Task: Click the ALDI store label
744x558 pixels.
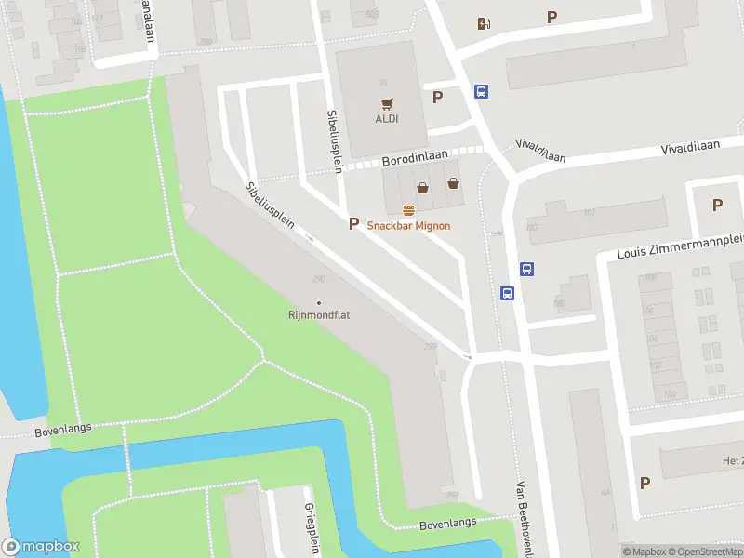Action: [387, 118]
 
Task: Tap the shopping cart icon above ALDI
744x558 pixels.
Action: [387, 103]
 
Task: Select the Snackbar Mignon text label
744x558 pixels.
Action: [408, 225]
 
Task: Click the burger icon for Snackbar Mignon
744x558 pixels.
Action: [408, 210]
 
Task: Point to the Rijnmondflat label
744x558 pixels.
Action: [318, 315]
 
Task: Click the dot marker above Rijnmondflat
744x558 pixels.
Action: [319, 302]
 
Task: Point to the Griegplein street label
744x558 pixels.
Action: [311, 528]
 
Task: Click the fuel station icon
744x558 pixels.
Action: [483, 24]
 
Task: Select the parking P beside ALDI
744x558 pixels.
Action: [437, 97]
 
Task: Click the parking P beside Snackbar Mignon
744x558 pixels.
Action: [352, 223]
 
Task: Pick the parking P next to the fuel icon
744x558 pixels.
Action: [552, 17]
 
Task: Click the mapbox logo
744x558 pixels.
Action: [41, 547]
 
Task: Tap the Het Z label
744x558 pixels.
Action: [733, 461]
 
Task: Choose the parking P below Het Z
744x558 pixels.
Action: [644, 482]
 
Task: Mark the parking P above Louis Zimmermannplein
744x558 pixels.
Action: [717, 205]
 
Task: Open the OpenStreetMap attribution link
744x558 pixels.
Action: [711, 551]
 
